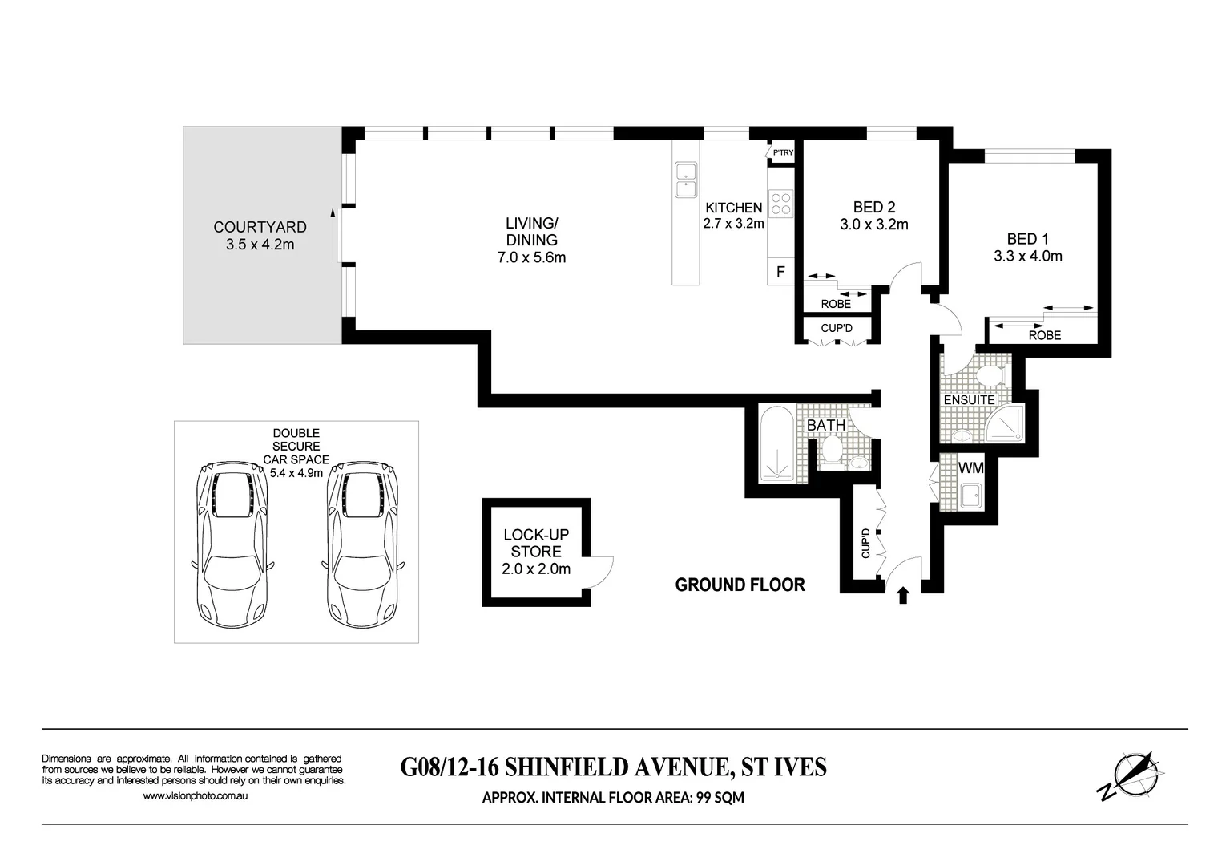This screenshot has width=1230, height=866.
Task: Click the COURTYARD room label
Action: coord(260,227)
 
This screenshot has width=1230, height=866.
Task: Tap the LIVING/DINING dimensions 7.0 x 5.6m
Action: coord(531,257)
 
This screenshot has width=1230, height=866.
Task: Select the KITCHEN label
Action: coord(733,208)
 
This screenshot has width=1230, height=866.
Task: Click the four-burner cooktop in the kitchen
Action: coord(780,204)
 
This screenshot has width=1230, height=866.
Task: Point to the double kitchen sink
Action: coord(686,180)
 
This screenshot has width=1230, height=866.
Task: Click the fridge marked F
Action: coord(780,273)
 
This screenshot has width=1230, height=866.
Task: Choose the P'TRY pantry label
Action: coord(783,152)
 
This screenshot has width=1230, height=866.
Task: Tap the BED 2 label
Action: coord(873,208)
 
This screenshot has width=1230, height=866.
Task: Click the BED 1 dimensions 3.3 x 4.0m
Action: coord(1027,257)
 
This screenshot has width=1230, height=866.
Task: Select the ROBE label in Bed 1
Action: coord(1044,335)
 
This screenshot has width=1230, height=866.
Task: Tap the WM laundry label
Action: coord(970,467)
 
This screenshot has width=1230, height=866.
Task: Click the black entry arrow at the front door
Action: coord(903,595)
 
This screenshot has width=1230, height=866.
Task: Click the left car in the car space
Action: coord(232,543)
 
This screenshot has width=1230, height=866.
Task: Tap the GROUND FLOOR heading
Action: coord(740,585)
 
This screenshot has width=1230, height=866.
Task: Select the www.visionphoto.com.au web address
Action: coord(195,796)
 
